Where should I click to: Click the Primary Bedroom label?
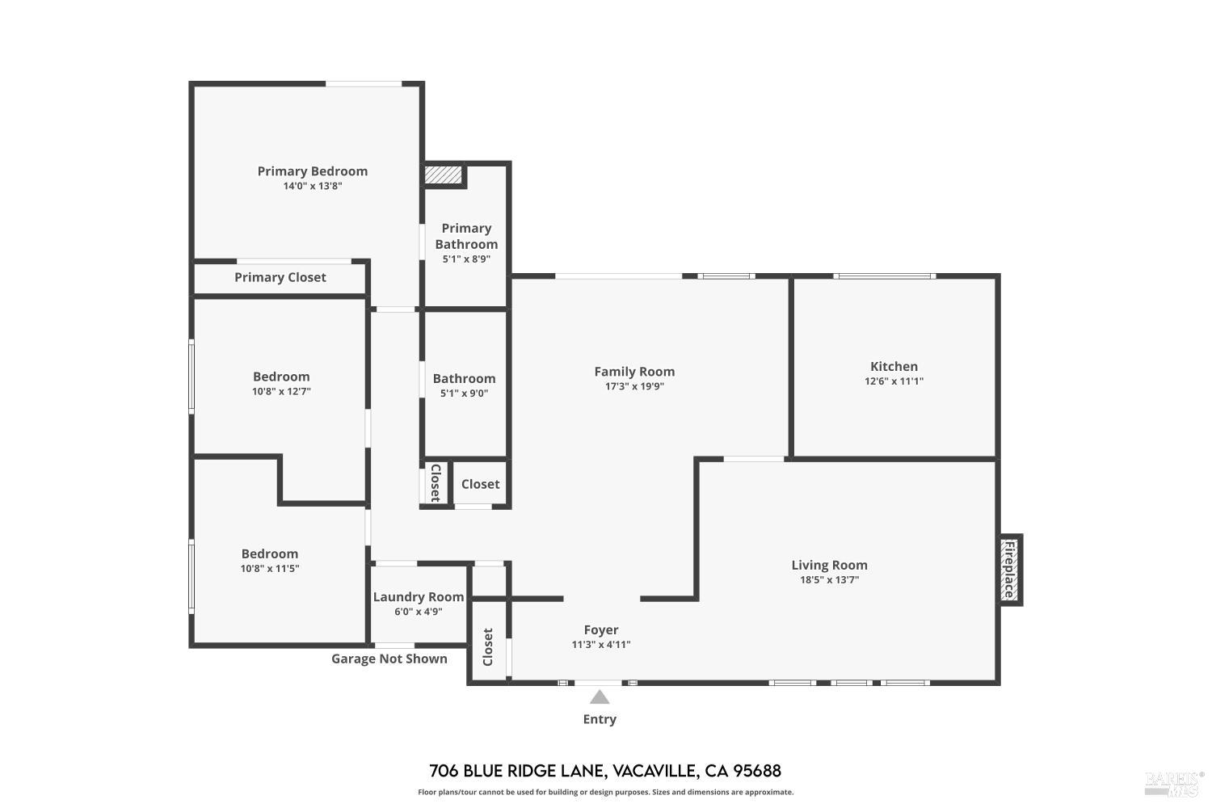tap(312, 171)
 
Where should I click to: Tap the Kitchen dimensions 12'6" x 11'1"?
tap(894, 381)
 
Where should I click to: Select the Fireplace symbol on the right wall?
tap(1009, 570)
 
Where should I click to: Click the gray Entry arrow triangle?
tap(600, 697)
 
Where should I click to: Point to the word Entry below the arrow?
tap(600, 719)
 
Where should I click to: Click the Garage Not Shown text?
tap(389, 659)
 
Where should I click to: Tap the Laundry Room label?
tap(419, 597)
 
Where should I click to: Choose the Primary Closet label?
tap(280, 277)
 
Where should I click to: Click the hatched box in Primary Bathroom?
tap(443, 175)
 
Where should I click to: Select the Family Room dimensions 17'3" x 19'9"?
tap(634, 386)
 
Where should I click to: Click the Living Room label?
tap(829, 566)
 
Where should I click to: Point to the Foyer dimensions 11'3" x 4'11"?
tap(601, 645)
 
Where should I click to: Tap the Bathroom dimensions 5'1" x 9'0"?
tap(464, 393)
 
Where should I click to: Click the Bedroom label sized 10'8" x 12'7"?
tap(281, 377)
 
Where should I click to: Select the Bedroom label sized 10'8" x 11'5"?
tap(270, 553)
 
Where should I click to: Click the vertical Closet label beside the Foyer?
tap(488, 647)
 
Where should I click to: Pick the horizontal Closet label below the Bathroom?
tap(480, 484)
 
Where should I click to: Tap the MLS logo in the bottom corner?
tap(1172, 782)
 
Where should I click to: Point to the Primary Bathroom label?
tap(466, 236)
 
